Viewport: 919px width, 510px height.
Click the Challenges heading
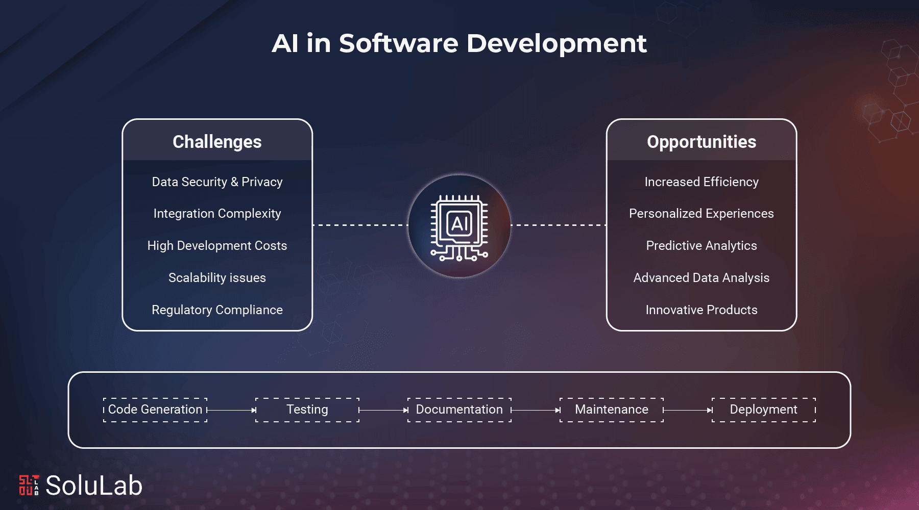coord(217,142)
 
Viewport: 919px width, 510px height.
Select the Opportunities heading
coord(702,142)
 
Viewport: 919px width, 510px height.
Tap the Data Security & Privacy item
coord(217,182)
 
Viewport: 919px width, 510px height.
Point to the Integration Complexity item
coord(217,214)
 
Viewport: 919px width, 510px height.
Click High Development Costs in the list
coord(217,246)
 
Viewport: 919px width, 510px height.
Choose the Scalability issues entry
coord(217,278)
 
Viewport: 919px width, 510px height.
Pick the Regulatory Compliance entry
coord(217,310)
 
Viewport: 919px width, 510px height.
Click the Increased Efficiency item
coord(702,182)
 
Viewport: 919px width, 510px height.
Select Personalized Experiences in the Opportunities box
coord(702,214)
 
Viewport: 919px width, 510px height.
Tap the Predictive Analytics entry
coord(702,246)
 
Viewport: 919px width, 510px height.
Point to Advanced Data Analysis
coord(702,278)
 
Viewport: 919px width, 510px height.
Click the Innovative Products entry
coord(702,310)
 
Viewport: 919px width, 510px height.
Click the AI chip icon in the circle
coord(459,226)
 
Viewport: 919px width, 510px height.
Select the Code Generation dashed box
coord(155,410)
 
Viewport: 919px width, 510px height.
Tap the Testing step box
coord(307,410)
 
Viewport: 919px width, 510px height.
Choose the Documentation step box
coord(459,410)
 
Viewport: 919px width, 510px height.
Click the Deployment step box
coord(763,410)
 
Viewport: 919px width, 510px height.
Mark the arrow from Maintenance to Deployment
coord(688,410)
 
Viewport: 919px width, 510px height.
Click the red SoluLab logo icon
coord(29,485)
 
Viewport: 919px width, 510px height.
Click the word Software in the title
coord(399,43)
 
